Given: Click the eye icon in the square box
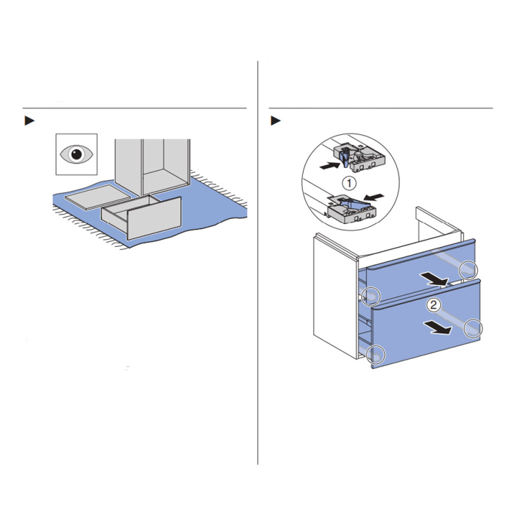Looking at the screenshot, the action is coord(76,154).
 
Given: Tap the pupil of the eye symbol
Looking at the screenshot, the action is coord(77,154).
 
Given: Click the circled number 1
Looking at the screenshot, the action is coord(349,183).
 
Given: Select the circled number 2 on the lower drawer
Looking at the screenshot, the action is coord(434,305).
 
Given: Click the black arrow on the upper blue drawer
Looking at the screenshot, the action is coord(434,279).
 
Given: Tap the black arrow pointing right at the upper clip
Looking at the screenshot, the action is coord(330,165).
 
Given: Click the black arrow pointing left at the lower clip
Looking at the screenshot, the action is coord(374,197).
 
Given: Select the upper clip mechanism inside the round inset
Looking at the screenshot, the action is coord(359,158).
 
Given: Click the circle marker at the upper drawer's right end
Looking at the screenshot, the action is coord(468,270).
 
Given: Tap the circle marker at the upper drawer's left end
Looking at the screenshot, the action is coord(371,296).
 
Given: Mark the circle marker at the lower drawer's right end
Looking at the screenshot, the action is coord(473,328).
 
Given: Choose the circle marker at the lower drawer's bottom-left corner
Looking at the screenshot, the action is coord(375,354).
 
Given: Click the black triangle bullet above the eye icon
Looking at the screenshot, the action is coord(29,120).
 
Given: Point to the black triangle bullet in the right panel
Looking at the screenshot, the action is coord(275,120).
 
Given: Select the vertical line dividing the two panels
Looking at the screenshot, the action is coord(258,262).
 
